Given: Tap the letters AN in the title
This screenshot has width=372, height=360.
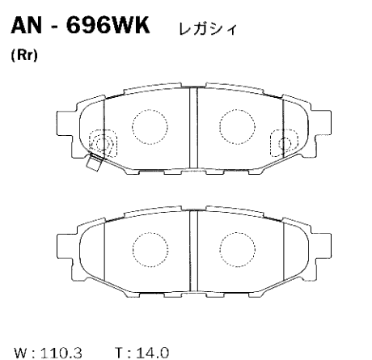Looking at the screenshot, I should [26, 28].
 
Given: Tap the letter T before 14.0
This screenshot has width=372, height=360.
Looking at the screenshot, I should [120, 353].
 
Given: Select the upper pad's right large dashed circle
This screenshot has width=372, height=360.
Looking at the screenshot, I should [235, 125].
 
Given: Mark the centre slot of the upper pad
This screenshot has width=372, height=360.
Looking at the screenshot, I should [192, 125].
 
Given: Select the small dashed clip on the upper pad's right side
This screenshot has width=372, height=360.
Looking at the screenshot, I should [281, 141].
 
